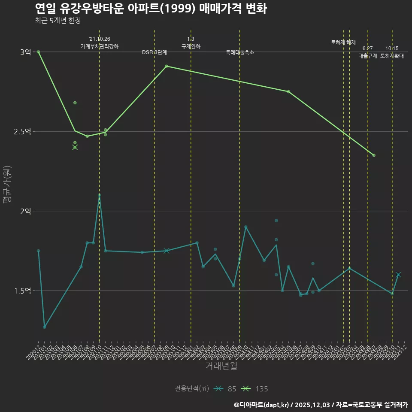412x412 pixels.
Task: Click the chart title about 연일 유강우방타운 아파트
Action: click(151, 8)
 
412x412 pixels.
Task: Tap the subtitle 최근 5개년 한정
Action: click(58, 21)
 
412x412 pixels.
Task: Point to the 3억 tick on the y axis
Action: click(25, 52)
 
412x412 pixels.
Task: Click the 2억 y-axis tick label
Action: click(25, 211)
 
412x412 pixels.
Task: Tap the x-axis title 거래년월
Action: click(221, 366)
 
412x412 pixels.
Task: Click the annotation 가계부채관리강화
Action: click(100, 46)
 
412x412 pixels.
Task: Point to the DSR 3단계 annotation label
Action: click(154, 52)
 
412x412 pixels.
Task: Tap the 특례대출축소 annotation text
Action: click(240, 52)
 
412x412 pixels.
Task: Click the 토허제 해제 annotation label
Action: click(343, 42)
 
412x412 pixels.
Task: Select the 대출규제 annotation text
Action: click(368, 56)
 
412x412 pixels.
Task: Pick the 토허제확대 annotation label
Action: click(392, 56)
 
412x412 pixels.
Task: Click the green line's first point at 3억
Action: click(38, 52)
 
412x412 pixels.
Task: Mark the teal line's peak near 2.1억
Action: click(100, 195)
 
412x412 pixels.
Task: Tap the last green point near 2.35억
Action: click(374, 155)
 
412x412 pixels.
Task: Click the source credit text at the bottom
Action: click(321, 404)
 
